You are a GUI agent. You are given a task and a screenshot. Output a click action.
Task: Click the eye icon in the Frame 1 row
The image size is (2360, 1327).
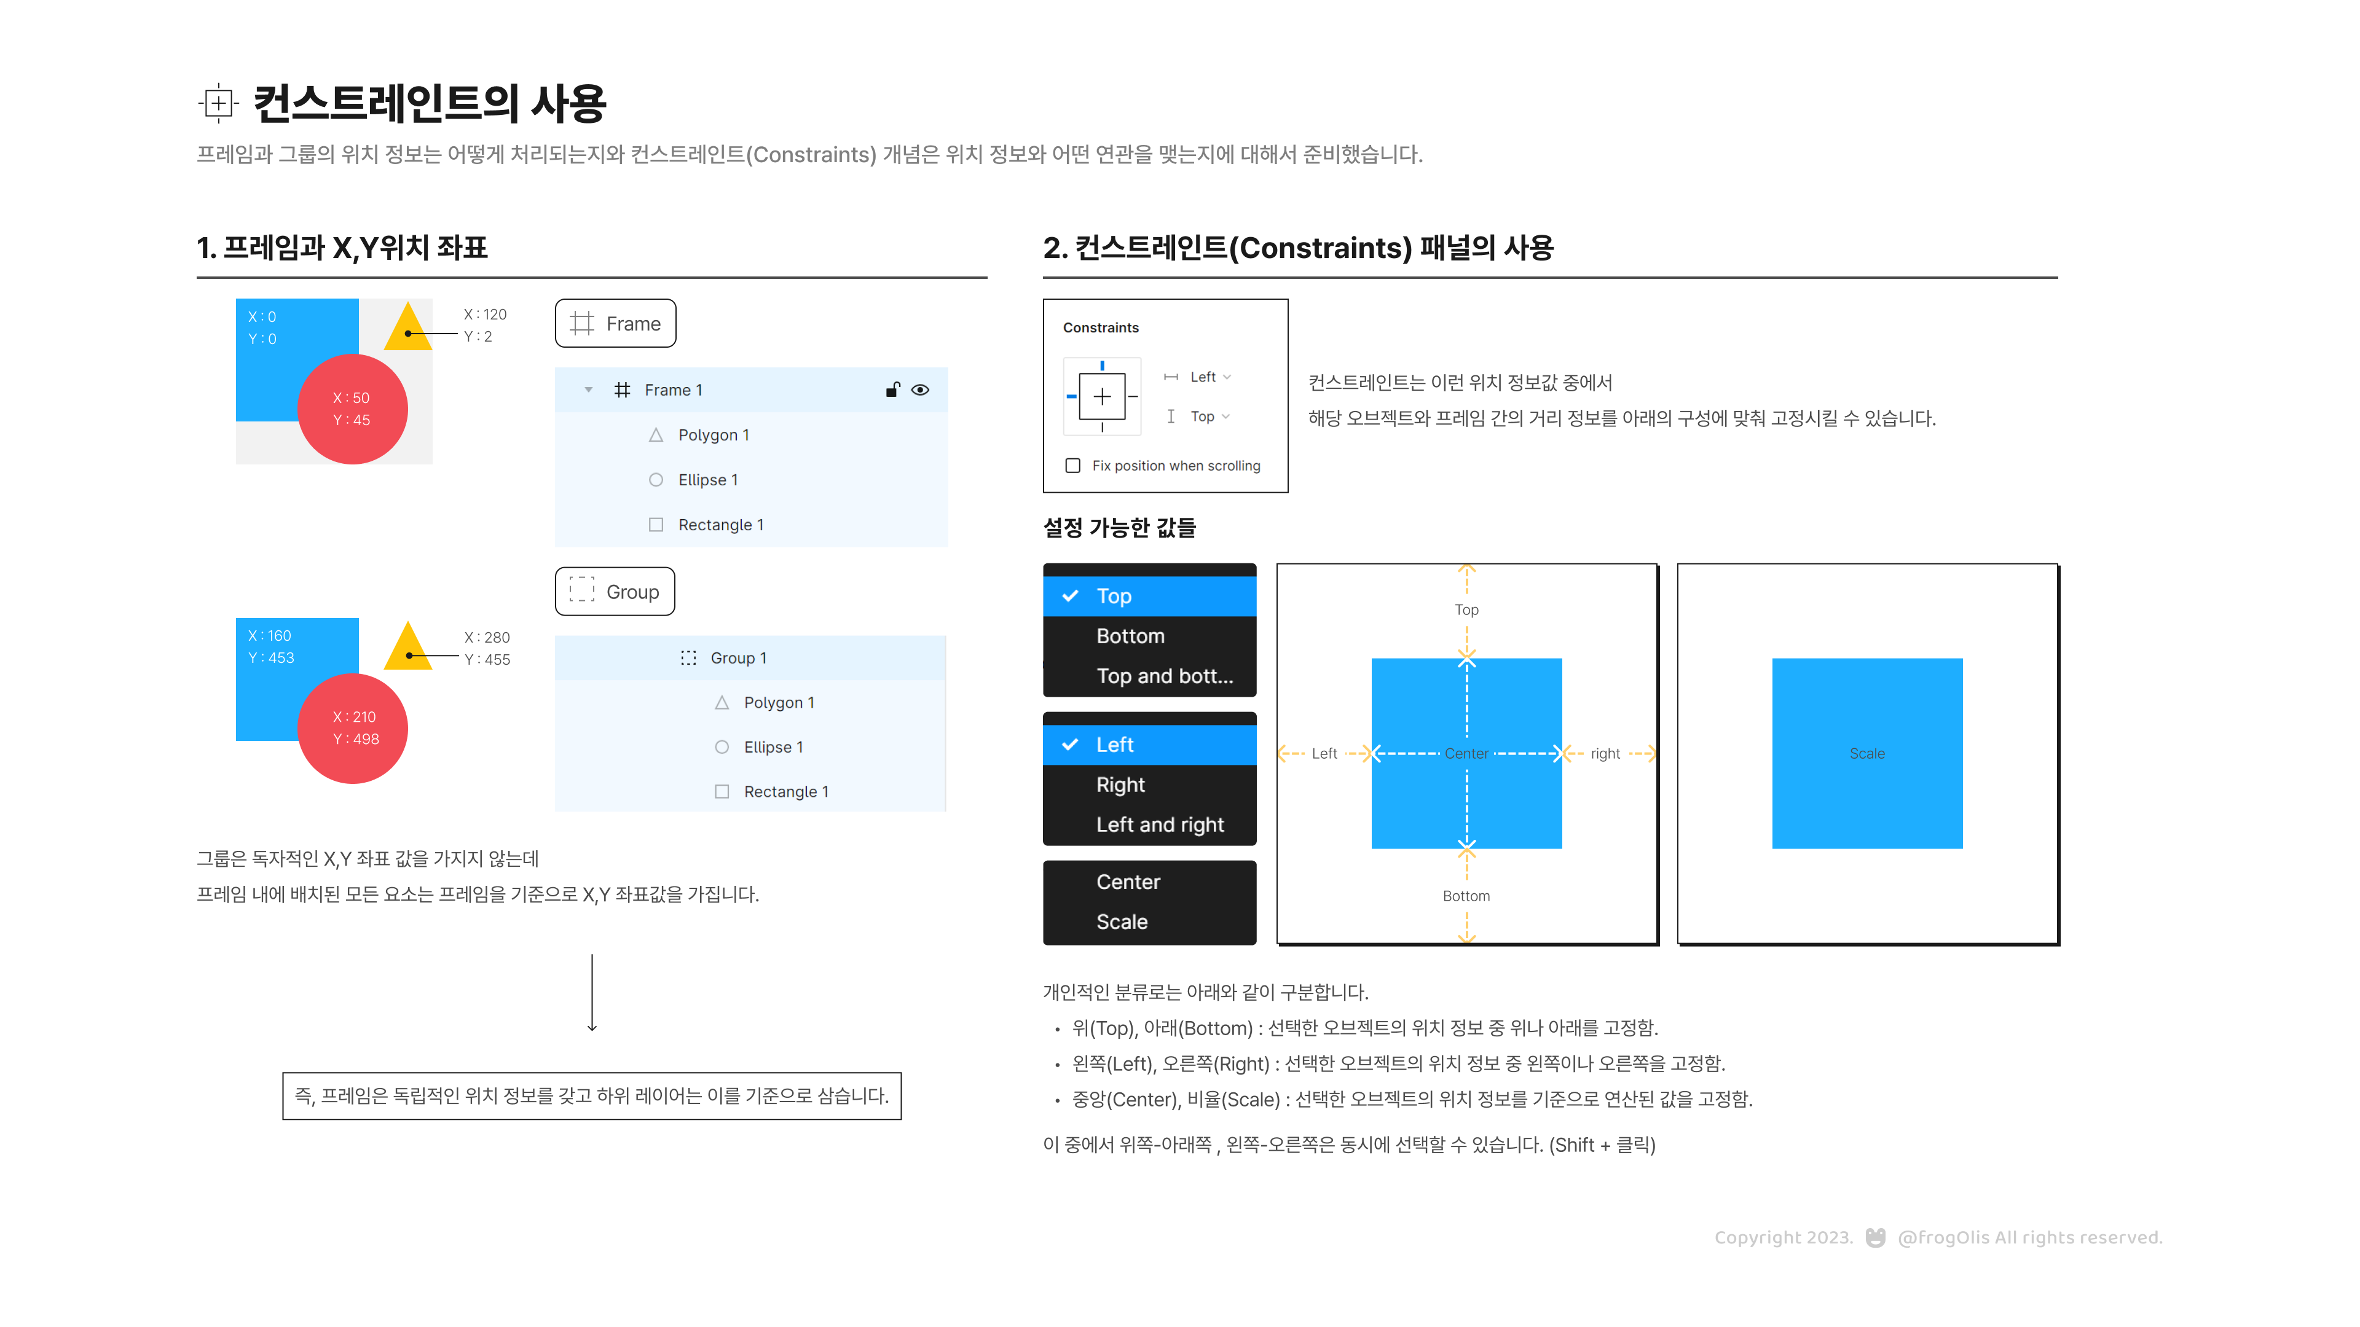pos(921,390)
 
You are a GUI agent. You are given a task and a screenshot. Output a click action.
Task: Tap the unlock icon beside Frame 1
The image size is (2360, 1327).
pos(892,390)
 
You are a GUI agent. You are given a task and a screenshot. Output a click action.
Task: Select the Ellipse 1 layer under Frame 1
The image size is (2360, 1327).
pos(707,480)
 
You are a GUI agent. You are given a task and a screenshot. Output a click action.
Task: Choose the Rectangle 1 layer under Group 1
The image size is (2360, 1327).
pos(785,792)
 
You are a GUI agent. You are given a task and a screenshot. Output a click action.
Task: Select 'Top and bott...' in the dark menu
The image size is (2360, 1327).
pos(1163,676)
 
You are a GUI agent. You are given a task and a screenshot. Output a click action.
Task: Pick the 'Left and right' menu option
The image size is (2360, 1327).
pos(1160,825)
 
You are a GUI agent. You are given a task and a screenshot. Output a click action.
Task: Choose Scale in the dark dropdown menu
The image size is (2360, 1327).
pos(1122,922)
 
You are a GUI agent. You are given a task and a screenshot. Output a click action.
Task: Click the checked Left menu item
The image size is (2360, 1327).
pos(1114,745)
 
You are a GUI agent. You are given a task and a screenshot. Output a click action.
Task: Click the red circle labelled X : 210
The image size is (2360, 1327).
pos(353,728)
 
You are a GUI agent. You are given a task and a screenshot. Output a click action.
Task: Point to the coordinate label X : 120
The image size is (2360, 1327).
pos(485,314)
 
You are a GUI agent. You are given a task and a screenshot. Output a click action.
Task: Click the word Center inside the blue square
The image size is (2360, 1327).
pos(1466,754)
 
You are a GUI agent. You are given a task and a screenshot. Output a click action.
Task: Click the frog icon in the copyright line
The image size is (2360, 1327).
pos(1875,1238)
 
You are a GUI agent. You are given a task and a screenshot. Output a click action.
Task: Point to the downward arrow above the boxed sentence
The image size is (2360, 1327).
pos(592,993)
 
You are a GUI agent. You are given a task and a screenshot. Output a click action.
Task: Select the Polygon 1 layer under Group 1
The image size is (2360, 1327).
pos(778,702)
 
